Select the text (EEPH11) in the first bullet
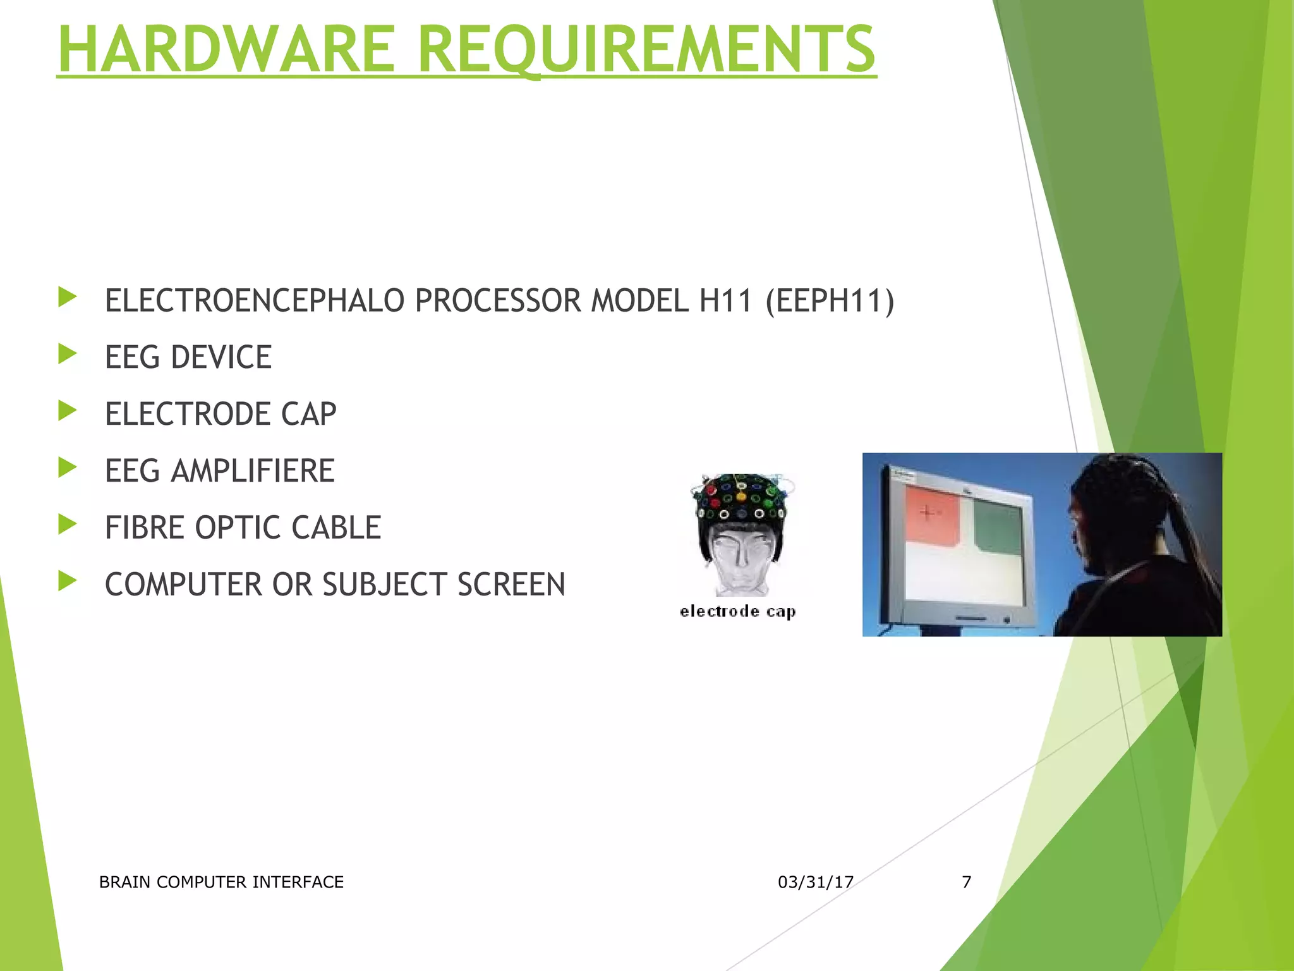tap(830, 301)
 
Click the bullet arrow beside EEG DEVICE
tap(67, 354)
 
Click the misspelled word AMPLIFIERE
tap(253, 472)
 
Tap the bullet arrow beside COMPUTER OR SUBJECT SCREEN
tap(67, 581)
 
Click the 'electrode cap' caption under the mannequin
tap(737, 611)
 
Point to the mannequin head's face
tap(741, 556)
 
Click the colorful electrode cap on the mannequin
tap(741, 499)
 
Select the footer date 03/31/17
tap(816, 882)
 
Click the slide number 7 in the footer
tap(966, 882)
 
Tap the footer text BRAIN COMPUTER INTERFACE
tap(221, 882)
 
